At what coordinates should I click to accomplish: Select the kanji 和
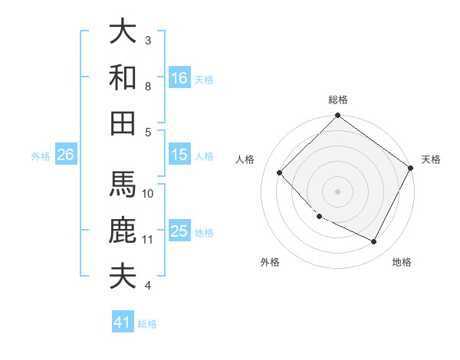123,77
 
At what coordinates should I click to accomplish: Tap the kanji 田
123,123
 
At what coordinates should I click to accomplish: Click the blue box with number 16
179,77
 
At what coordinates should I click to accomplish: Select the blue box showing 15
179,155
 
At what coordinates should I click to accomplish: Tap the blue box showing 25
179,231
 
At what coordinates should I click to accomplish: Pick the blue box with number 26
65,155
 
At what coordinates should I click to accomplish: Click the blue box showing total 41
123,322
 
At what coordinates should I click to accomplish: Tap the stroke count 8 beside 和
148,87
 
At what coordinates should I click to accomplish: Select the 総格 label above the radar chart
338,100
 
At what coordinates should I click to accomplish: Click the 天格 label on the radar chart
431,159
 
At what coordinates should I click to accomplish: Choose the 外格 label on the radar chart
270,263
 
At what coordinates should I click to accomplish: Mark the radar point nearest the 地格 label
374,242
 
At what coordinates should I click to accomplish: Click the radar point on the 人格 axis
280,173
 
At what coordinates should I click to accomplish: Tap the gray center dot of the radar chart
337,191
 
